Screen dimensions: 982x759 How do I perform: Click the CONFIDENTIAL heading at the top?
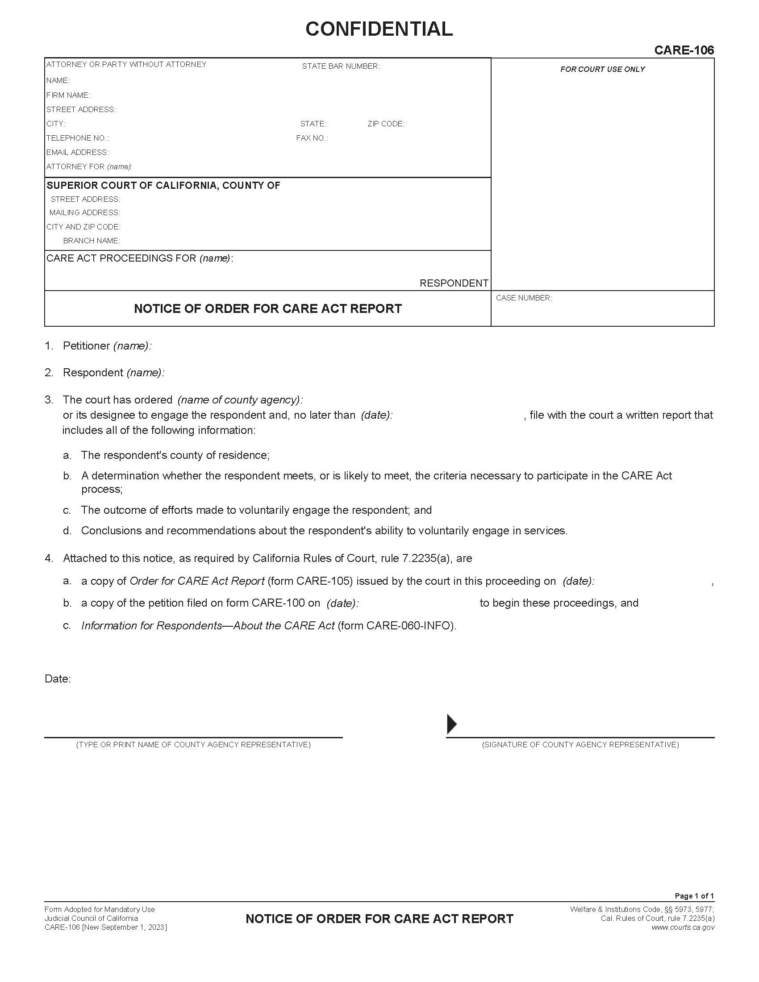click(379, 29)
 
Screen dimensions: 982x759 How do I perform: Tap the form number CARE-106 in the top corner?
click(684, 50)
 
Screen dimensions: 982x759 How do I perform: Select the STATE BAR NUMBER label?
click(340, 67)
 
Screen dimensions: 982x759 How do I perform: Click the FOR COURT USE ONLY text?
click(602, 69)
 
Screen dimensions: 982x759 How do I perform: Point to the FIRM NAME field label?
click(68, 96)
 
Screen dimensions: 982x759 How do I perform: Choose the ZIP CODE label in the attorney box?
click(385, 124)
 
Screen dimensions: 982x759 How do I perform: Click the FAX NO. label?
click(312, 138)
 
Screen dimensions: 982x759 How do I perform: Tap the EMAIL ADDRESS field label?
click(77, 152)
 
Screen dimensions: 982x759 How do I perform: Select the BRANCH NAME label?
click(91, 241)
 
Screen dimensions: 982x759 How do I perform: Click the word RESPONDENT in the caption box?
click(454, 283)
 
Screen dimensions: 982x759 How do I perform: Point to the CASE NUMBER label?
click(524, 298)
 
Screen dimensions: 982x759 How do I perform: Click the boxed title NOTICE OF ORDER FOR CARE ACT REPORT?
click(267, 309)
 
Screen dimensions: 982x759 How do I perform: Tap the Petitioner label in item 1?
click(86, 346)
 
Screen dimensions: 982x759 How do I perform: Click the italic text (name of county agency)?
click(240, 400)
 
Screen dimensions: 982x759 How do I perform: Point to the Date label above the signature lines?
click(58, 679)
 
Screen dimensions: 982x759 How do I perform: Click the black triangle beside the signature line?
click(452, 724)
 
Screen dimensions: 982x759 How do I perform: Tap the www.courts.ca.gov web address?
click(683, 927)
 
